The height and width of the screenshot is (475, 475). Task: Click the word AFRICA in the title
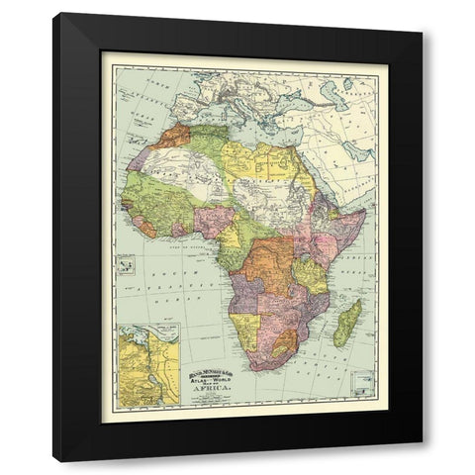(215, 390)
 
